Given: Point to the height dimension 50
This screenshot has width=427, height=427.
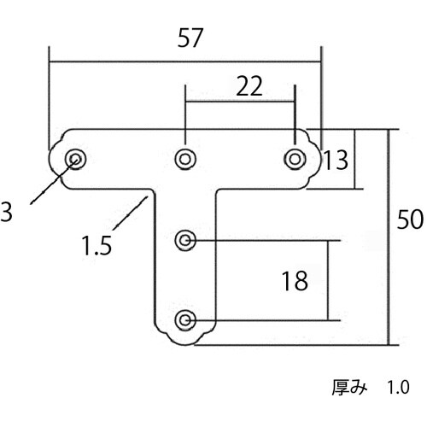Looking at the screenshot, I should click(x=411, y=219).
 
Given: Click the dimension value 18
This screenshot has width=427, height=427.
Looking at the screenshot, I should click(x=294, y=281).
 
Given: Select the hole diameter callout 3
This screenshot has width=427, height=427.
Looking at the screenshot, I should click(x=6, y=212).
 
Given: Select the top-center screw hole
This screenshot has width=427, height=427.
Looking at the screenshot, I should click(x=185, y=157).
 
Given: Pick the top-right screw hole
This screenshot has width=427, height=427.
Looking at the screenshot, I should click(x=295, y=157).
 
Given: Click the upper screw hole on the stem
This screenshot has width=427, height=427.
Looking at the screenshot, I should click(x=185, y=241).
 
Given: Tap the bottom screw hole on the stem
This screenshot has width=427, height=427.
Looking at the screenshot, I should click(x=185, y=320).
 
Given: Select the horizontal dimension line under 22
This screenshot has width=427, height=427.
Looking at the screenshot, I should click(x=240, y=102).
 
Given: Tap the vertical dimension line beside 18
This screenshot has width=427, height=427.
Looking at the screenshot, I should click(x=329, y=280).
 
